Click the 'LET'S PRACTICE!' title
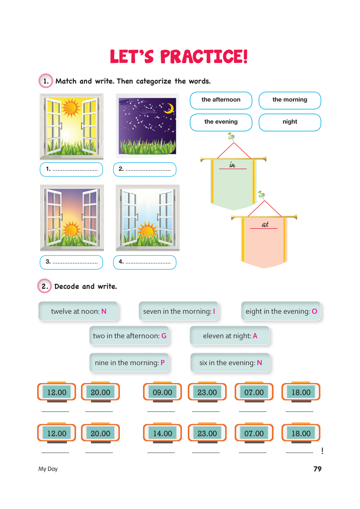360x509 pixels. pos(179,57)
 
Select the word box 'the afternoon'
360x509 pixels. pos(221,100)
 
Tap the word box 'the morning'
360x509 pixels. pos(290,100)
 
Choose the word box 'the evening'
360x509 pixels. pos(221,122)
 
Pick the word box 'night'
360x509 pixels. pos(290,122)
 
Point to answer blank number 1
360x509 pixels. pos(71,169)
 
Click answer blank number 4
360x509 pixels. pos(144,262)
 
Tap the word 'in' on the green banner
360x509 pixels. pos(232,165)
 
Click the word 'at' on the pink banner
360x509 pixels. pos(265,225)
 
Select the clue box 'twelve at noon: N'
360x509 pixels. pos(78,311)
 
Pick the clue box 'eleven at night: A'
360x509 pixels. pos(229,336)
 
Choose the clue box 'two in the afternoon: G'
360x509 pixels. pos(129,336)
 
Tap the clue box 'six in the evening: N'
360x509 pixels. pos(230,363)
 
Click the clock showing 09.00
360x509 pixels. pos(162,392)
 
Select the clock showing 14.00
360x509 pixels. pos(162,433)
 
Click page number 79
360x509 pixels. pos(317,469)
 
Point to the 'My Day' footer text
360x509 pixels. pos(48,469)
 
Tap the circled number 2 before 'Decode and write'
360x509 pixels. pos(45,286)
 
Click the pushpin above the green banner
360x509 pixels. pos(231,137)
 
